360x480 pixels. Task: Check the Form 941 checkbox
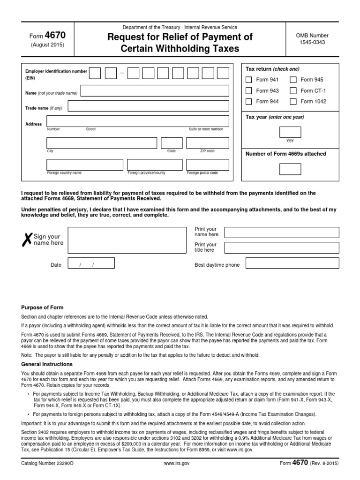(x=249, y=80)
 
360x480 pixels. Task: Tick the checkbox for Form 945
(x=293, y=80)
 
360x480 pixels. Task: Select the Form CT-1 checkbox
(x=293, y=90)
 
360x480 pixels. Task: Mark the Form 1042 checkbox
(x=293, y=101)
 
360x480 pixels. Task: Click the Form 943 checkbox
(x=249, y=90)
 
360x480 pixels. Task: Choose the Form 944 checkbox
(x=249, y=101)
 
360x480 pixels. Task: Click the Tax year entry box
(x=290, y=132)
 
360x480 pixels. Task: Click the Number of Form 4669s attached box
(x=290, y=169)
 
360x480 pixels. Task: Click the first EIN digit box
(x=95, y=73)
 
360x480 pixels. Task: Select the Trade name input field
(x=148, y=106)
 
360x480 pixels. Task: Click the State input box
(x=172, y=143)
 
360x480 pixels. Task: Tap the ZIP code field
(x=208, y=143)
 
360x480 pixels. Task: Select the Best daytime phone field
(x=292, y=263)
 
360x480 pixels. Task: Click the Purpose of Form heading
(x=42, y=307)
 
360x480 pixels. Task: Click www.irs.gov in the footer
(x=178, y=463)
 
